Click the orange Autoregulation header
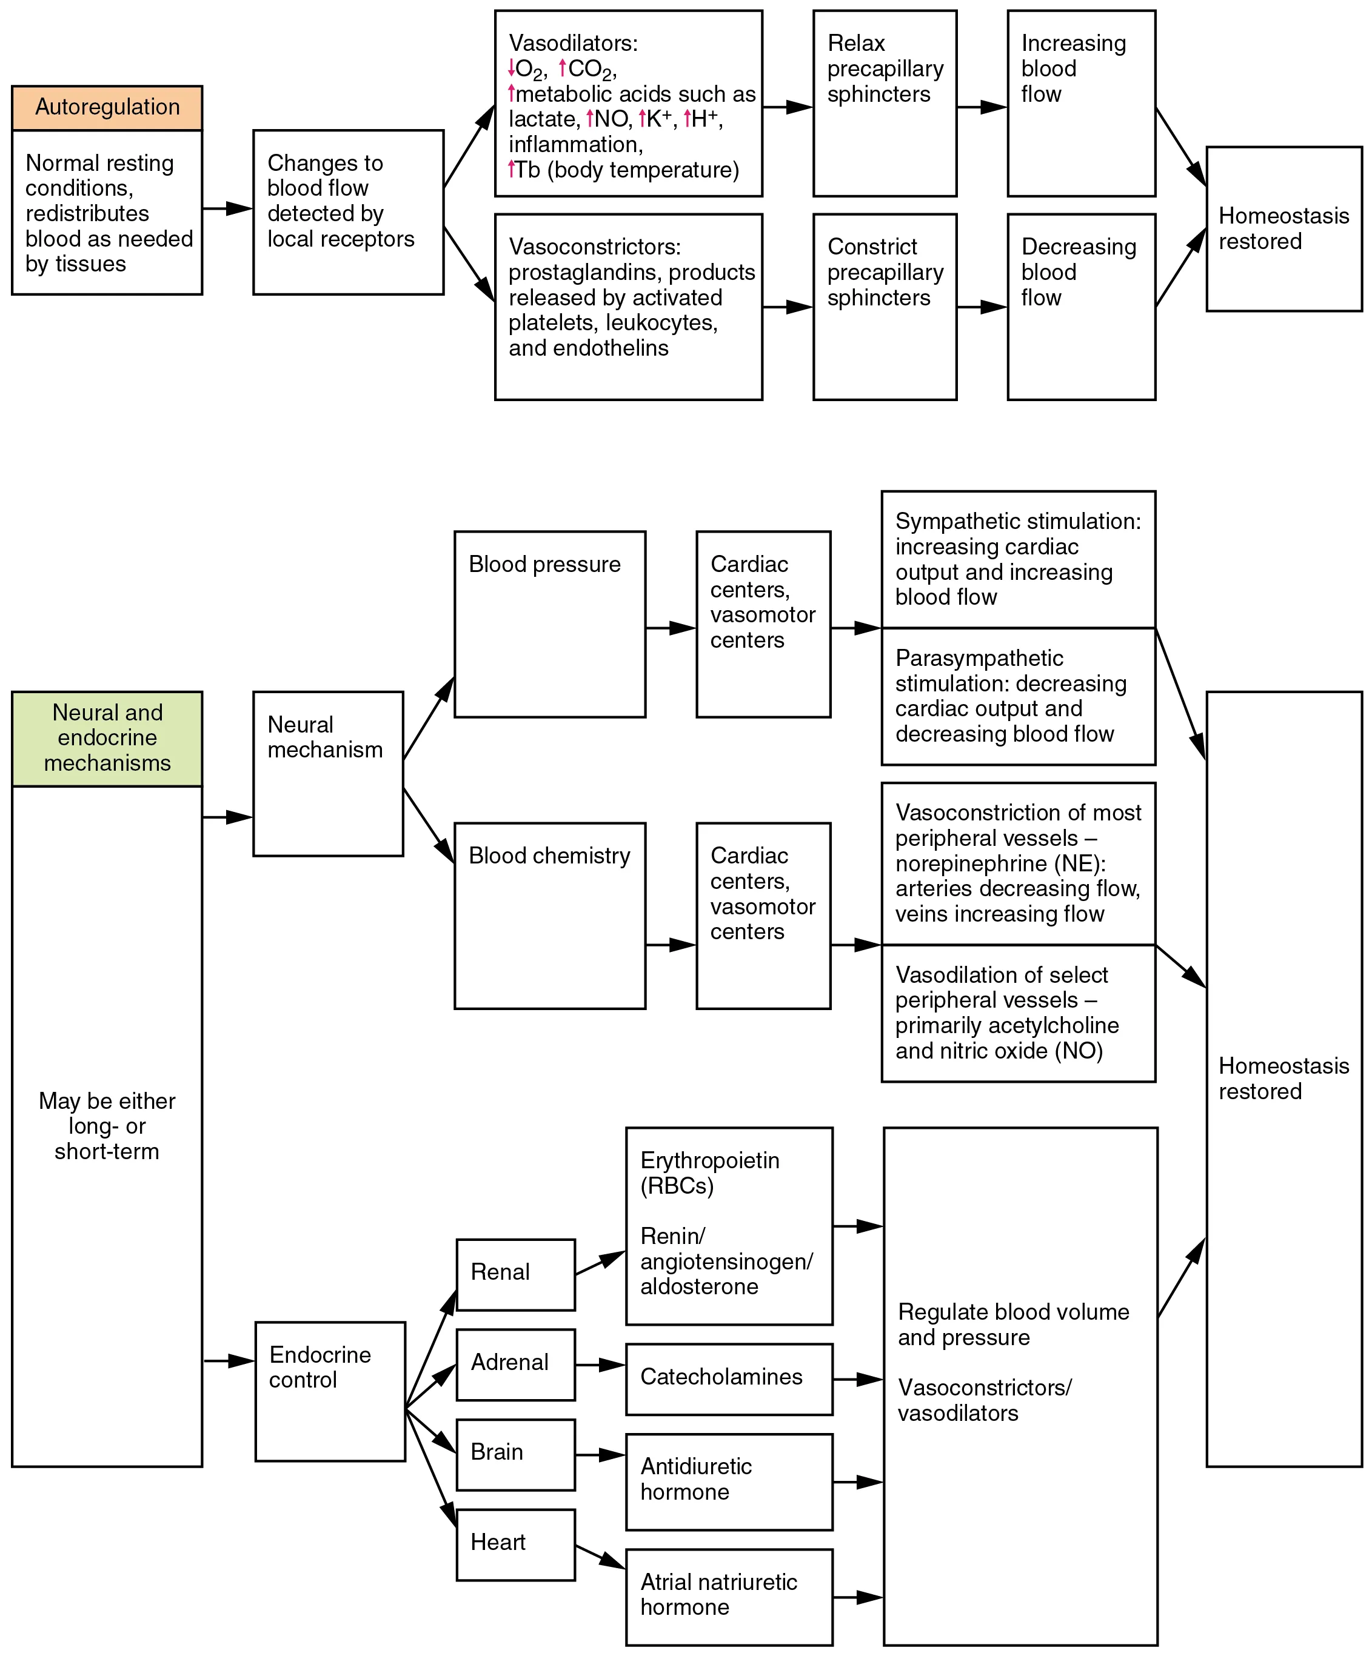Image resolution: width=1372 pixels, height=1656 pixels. coord(107,108)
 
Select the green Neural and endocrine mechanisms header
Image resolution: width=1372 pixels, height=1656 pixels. coord(107,738)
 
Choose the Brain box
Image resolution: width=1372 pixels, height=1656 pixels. coord(515,1454)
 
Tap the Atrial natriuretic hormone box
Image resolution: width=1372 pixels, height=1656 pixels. coord(728,1597)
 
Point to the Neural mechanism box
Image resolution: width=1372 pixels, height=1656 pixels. coord(327,773)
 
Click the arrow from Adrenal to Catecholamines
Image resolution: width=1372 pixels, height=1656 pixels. coord(600,1365)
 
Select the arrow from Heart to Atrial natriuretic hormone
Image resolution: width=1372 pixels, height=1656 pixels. coord(600,1557)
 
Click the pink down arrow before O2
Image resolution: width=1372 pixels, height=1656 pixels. coord(511,68)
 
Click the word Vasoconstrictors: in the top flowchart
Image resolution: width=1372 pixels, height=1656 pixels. coord(594,247)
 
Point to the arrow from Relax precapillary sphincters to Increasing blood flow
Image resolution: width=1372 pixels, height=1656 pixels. coord(982,107)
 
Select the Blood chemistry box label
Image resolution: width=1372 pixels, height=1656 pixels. coord(549,856)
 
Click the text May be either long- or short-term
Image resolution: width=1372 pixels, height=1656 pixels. coord(107,1125)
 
